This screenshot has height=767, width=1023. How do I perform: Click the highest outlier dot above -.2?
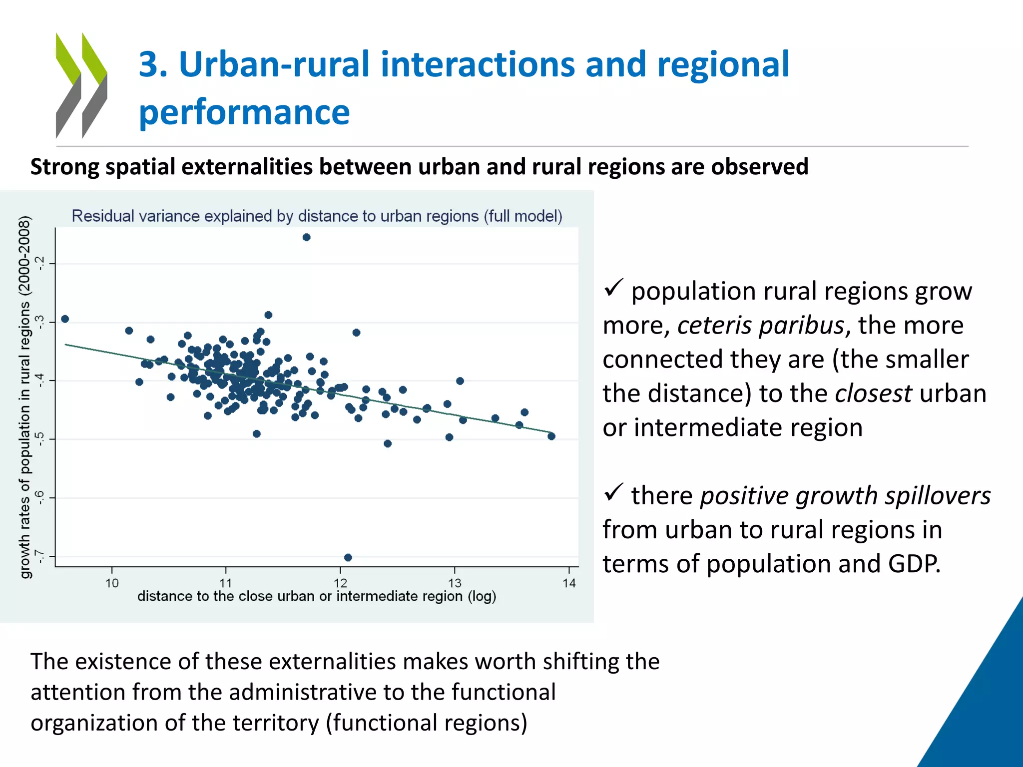click(x=306, y=237)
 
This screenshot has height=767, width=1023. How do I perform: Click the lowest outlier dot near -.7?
click(x=348, y=557)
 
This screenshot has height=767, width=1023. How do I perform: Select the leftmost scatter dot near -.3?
click(x=65, y=319)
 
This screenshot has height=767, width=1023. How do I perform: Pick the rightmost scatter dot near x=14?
click(x=551, y=436)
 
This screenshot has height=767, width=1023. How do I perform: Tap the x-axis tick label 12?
click(x=340, y=583)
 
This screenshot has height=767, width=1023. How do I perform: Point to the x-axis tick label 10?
click(x=112, y=583)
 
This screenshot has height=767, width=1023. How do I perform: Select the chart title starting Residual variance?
click(x=317, y=216)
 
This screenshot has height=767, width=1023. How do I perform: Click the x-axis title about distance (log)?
click(x=317, y=596)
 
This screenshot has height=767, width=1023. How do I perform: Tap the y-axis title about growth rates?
click(x=25, y=397)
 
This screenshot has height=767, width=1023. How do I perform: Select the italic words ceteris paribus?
click(x=760, y=326)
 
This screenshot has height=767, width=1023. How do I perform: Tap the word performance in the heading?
click(x=244, y=112)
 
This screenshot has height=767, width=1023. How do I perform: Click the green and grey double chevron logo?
click(x=81, y=85)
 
